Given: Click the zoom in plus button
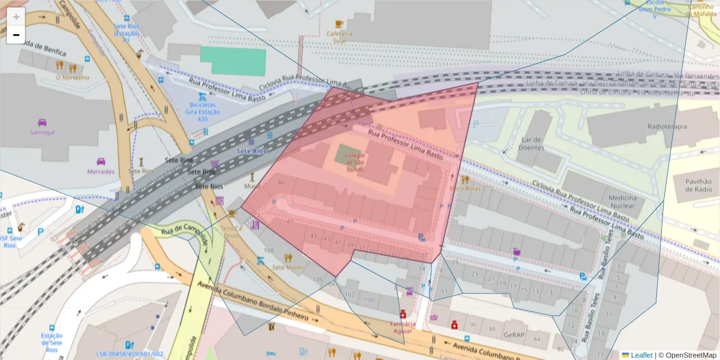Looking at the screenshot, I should pos(16,17).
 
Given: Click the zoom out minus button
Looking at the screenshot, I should pos(16,35).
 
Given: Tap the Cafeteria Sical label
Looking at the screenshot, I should pos(340,37).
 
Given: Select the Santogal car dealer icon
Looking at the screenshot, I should pos(42,122).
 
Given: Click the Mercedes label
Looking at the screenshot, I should pos(101,172).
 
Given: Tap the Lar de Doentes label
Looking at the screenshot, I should pos(532,143).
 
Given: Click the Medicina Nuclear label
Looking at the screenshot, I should pos(622,202).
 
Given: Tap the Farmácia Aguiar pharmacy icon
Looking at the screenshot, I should pos(403,314).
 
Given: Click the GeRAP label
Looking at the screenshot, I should pos(514,335).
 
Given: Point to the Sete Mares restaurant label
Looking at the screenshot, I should pos(288,267).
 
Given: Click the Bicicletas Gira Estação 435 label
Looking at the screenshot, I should pos(202,112).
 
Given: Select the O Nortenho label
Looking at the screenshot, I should pos(72,77).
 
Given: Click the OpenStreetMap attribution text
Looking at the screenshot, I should pos(688,355).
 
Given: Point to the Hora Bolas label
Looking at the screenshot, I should pos(465,188).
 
